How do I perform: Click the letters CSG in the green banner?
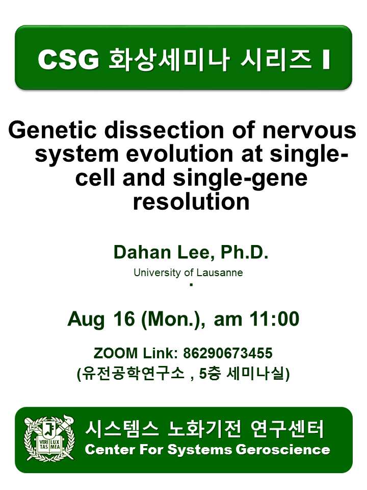(68, 59)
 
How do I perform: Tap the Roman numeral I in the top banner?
(326, 59)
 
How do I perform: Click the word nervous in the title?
(309, 131)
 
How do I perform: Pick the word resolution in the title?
(191, 202)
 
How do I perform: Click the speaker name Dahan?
(142, 252)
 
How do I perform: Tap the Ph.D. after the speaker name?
(244, 252)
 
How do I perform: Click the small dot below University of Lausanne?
(191, 285)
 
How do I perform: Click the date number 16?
(124, 319)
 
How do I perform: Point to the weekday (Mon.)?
(173, 320)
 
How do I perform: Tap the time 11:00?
(274, 319)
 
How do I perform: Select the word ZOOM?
(116, 353)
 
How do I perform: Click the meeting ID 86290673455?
(228, 353)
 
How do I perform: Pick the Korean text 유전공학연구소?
(133, 374)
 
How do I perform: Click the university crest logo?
(49, 438)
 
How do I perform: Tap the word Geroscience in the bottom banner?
(283, 450)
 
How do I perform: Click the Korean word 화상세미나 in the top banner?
(169, 59)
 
